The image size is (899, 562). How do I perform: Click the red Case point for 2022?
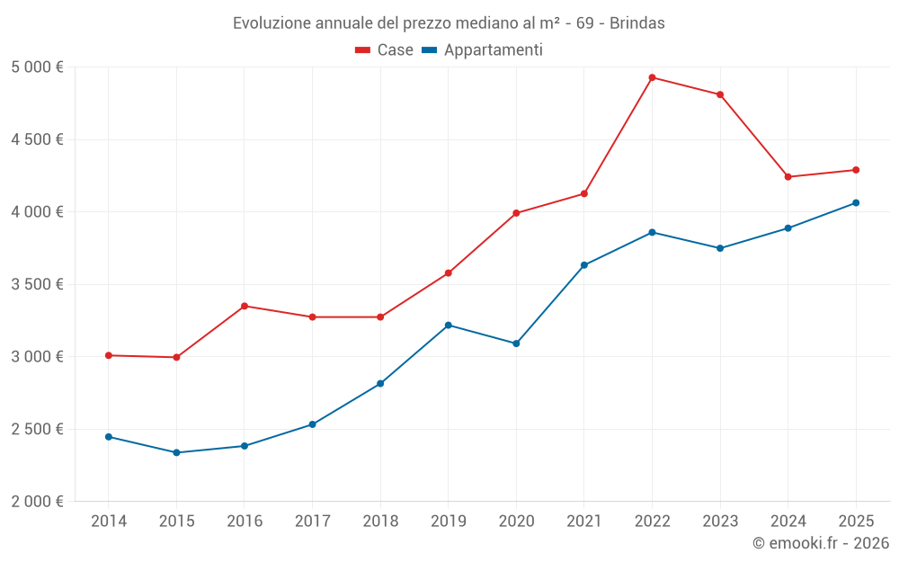tap(652, 77)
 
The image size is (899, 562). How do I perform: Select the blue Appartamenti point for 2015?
tap(176, 452)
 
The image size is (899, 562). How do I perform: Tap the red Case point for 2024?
tap(788, 177)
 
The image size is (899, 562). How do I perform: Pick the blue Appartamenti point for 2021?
tap(584, 265)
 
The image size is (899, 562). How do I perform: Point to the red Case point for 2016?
tap(245, 306)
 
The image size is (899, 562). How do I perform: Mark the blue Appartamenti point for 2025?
tap(856, 203)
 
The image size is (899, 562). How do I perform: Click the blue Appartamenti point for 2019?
tap(449, 325)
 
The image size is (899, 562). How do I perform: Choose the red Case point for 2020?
tap(516, 213)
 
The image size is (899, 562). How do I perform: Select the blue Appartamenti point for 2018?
tap(380, 384)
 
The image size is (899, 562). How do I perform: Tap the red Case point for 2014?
tap(109, 355)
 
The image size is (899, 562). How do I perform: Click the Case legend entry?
tap(385, 50)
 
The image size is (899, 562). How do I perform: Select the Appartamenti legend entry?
tap(483, 50)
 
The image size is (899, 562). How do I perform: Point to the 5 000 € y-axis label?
tap(37, 67)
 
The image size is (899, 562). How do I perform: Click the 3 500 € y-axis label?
tap(37, 284)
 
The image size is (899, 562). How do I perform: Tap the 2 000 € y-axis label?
tap(37, 502)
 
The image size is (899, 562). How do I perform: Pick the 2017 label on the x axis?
tap(312, 522)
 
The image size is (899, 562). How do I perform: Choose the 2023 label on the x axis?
tap(720, 522)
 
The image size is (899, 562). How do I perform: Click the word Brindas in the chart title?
tap(637, 23)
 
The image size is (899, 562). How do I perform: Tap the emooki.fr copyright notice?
tap(820, 543)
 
